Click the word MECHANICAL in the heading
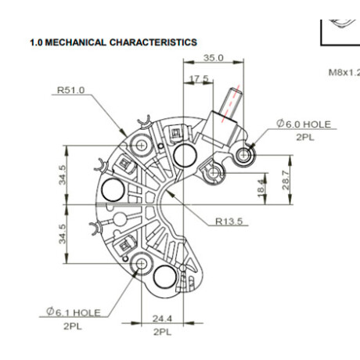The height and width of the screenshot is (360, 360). pos(75,42)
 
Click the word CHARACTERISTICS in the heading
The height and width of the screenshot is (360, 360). pos(153,42)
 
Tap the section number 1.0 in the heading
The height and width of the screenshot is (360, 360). pos(36,42)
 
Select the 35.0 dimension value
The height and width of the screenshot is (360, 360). pos(214,58)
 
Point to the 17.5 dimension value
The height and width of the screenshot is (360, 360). pos(199,78)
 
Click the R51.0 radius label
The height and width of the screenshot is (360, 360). pos(70,90)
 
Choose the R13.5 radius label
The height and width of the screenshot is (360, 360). pos(229,221)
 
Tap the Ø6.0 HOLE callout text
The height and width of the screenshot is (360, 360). pos(304,124)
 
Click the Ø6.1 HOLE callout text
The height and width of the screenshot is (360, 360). pos(74,312)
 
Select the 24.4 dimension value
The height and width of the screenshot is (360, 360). pos(162,319)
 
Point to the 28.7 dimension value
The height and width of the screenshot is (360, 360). pos(286,180)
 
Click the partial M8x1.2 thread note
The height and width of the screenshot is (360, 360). pos(344,72)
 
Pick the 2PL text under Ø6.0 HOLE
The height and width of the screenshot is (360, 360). pos(305,137)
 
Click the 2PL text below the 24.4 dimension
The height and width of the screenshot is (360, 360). pos(162,332)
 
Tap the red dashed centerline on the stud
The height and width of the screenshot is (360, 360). pos(230,103)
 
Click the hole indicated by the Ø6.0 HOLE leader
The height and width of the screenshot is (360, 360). pos(243,155)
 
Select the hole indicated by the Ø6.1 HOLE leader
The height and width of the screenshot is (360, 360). pos(142,264)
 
